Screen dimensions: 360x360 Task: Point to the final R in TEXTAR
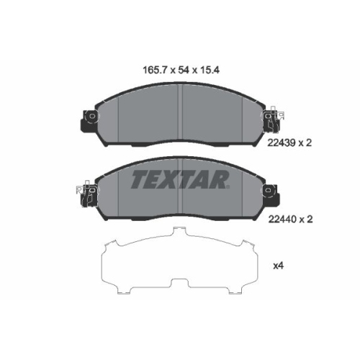[x=220, y=179]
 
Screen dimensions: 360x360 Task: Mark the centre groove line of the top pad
[x=181, y=111]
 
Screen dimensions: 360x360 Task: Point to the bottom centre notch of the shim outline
[x=180, y=288]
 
